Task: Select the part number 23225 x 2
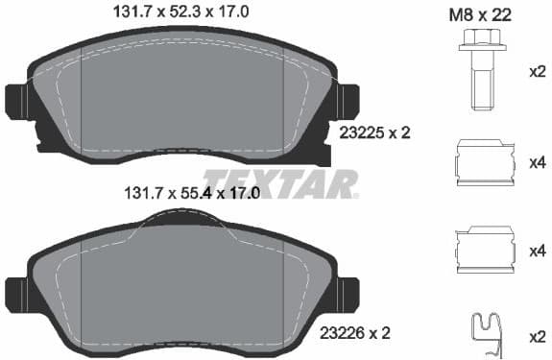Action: tap(375, 132)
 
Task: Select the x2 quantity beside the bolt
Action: tap(538, 71)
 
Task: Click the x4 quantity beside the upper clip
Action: tap(538, 163)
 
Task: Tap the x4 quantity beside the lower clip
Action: tap(538, 252)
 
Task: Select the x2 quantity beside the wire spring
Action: tap(538, 338)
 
